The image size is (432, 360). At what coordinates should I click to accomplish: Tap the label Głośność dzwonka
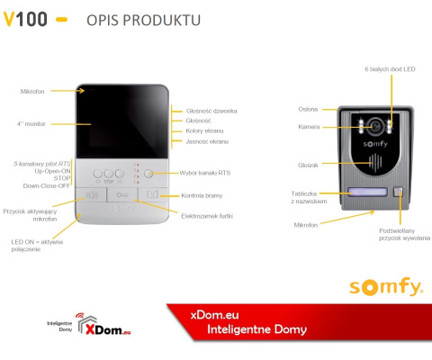[x=211, y=110]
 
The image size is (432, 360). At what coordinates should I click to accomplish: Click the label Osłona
[x=308, y=109]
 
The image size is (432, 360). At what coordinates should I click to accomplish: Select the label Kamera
[x=309, y=127]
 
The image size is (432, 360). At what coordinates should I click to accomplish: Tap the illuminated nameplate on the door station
[x=363, y=192]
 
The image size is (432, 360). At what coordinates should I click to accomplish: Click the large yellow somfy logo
[x=385, y=288]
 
